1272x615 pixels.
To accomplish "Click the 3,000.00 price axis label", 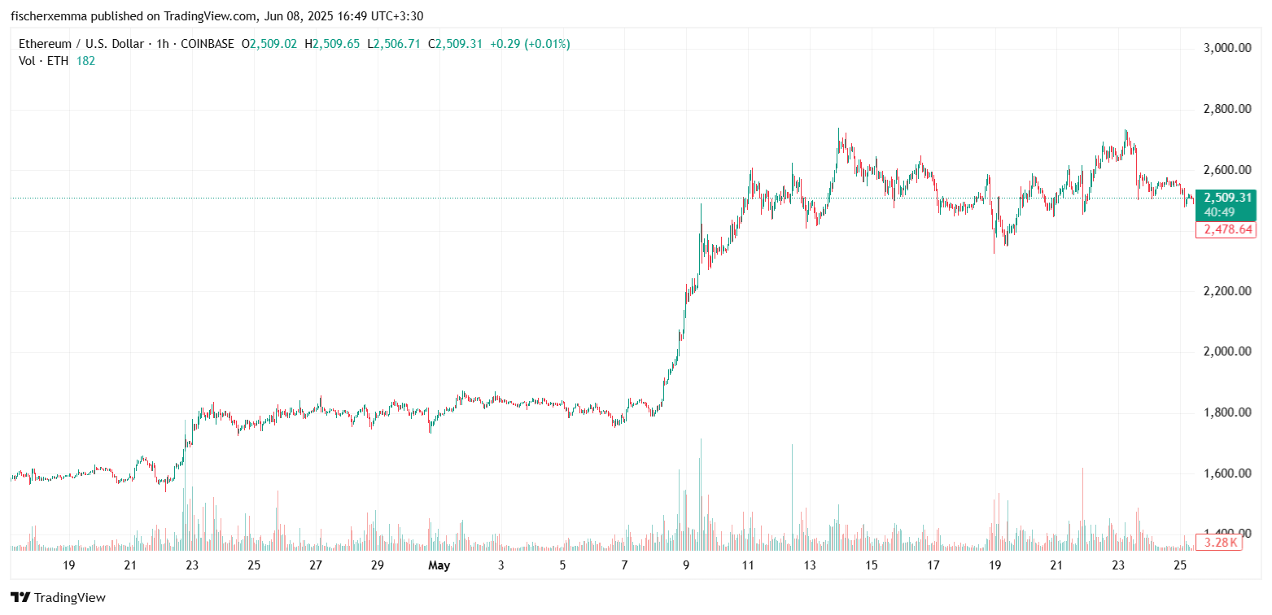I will click(x=1226, y=48).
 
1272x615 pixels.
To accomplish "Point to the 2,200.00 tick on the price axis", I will click(x=1226, y=291).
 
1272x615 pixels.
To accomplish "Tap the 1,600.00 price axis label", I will click(x=1226, y=473).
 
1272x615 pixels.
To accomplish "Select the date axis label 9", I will click(x=686, y=565).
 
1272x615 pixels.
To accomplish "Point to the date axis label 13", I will click(x=809, y=565).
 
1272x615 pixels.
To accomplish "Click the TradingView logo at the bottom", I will click(x=58, y=598).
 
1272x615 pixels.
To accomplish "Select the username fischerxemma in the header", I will click(x=50, y=15).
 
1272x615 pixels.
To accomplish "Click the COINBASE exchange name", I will click(x=209, y=44).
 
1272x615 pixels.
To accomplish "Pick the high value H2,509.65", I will click(x=332, y=44).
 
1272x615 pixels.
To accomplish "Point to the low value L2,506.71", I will click(x=394, y=44).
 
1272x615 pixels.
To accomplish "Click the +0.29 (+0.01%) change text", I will click(x=530, y=44).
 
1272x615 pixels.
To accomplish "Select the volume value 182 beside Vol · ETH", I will click(x=85, y=61).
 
